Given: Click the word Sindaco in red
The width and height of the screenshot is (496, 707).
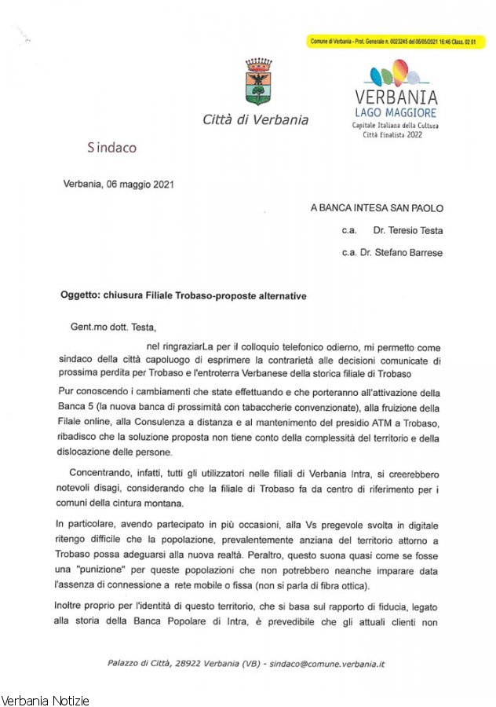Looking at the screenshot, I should click(111, 147).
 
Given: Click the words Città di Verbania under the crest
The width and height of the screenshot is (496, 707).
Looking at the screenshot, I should click(256, 120).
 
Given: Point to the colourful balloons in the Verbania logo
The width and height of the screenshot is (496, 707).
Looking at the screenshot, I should click(396, 75).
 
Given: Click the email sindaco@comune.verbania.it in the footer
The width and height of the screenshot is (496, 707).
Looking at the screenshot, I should click(327, 664).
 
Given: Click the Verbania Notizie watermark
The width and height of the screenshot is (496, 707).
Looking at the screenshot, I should click(46, 700).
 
